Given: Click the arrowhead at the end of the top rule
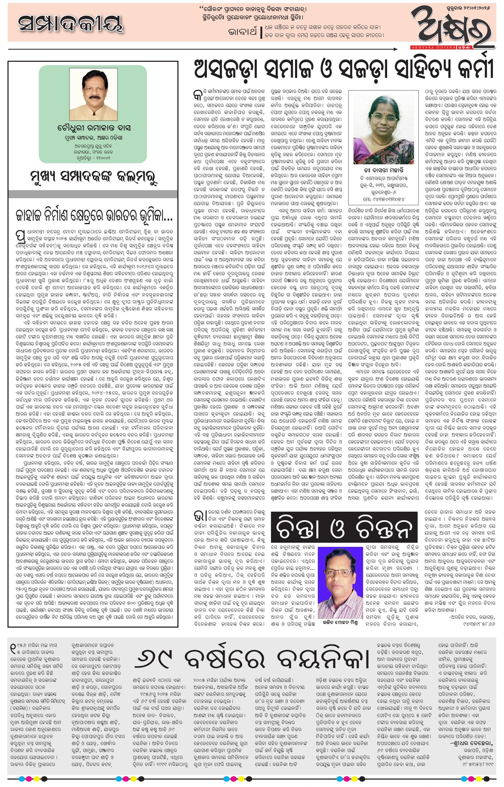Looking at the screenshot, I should [x=397, y=49].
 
